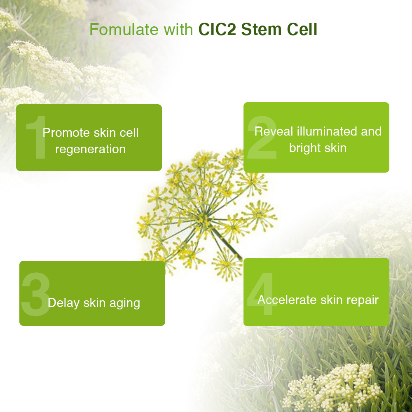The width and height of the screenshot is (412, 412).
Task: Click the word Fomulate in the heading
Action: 124,29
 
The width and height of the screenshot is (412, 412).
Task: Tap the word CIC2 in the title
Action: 217,29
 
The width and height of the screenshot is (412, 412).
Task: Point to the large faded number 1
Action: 38,137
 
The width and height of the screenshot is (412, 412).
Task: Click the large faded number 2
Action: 262,138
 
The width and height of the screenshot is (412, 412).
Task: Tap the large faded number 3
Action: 36,294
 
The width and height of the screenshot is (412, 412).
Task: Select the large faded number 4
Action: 262,294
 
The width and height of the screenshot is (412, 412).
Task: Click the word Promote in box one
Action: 66,132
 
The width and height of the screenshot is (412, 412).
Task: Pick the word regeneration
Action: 90,150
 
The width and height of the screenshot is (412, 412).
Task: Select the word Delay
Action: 63,303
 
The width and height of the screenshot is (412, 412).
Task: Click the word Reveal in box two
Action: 274,131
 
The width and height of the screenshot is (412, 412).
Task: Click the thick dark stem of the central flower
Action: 227,243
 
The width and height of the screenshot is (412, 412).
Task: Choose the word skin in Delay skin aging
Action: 94,303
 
